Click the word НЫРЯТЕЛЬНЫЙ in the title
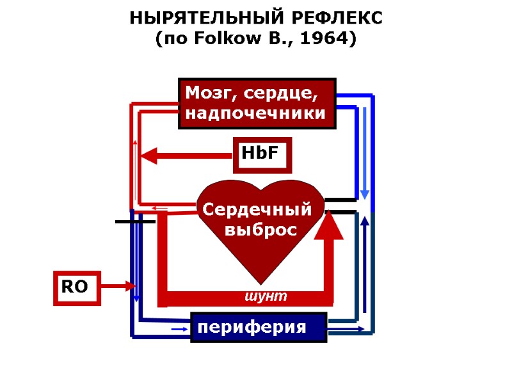[198, 19]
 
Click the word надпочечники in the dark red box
[256, 114]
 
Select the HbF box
[262, 155]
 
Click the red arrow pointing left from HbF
[186, 156]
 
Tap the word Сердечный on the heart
[257, 210]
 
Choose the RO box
[76, 287]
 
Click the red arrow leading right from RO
[118, 286]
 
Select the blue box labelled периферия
[259, 328]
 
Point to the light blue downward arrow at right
[365, 154]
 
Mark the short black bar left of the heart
[134, 221]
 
